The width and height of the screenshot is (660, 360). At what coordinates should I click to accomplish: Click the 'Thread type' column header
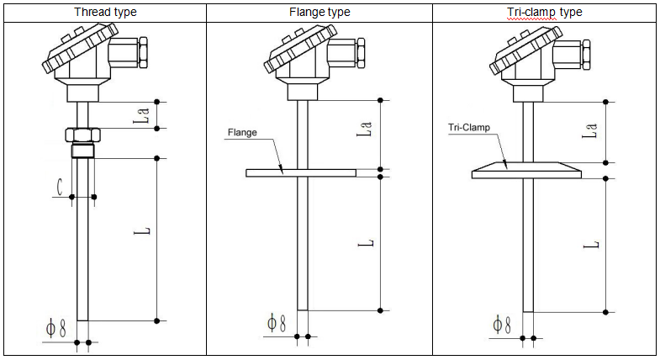tap(105, 12)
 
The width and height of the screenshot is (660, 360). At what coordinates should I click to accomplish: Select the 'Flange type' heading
tap(319, 12)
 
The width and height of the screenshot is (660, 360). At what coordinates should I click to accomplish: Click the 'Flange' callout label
tap(242, 132)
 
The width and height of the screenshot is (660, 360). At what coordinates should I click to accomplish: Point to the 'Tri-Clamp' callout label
tap(467, 129)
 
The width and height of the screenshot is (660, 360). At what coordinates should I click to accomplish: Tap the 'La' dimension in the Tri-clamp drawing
tap(591, 131)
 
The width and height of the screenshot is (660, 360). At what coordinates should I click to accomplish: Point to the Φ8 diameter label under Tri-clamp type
tap(501, 325)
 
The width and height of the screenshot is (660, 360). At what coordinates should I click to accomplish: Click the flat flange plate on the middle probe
tap(301, 172)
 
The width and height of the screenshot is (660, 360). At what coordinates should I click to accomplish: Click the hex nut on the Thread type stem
tap(82, 134)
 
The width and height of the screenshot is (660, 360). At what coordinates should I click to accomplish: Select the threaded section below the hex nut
tap(82, 151)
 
